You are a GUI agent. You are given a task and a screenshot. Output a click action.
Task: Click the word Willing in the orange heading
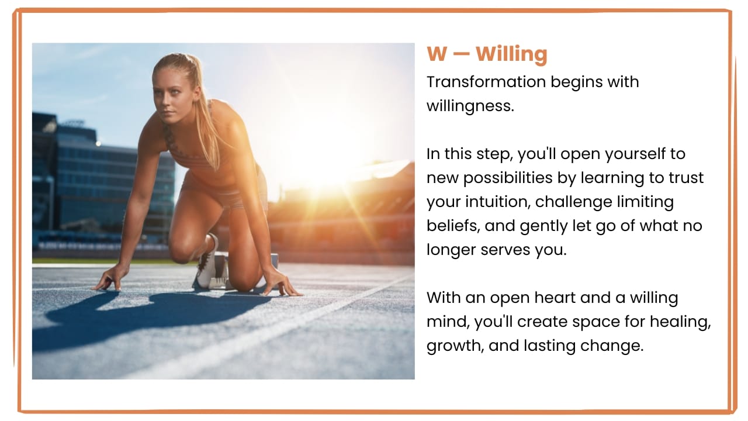coord(511,54)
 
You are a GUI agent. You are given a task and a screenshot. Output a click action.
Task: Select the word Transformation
coord(486,82)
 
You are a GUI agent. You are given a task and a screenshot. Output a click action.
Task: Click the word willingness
coord(470,106)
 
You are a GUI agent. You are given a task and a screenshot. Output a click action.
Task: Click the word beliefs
coord(453,226)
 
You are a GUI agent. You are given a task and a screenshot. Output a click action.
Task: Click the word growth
coord(455,346)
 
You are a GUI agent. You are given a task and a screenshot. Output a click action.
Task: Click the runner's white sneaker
coord(207,263)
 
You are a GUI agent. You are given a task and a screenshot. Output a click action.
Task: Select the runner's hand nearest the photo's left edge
coord(107,280)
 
